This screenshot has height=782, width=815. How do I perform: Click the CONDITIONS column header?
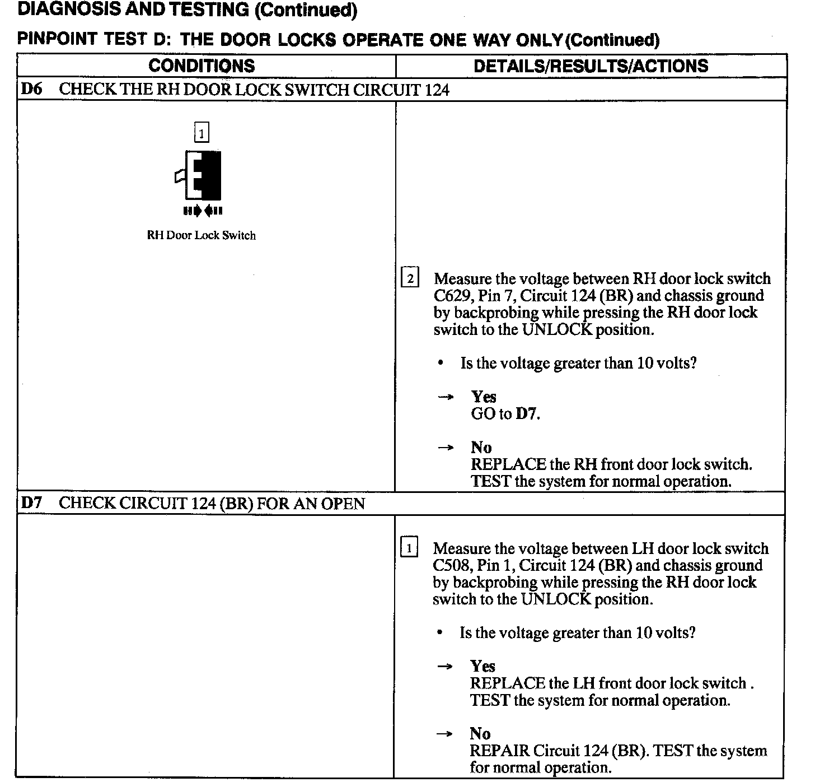click(202, 66)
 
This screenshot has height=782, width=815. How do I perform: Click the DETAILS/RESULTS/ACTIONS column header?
click(591, 66)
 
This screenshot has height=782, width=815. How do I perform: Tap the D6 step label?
click(31, 89)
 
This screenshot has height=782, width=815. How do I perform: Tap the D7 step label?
click(31, 503)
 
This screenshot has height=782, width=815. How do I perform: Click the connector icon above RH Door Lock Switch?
click(199, 176)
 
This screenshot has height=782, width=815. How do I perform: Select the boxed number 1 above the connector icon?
click(202, 133)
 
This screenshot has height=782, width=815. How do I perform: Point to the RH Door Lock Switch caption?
click(201, 235)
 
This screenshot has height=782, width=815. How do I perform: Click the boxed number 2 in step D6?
click(410, 278)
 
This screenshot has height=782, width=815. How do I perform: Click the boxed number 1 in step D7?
click(409, 548)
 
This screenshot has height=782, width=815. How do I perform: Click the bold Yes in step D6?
click(484, 397)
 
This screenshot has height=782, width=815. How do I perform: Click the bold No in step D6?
click(481, 447)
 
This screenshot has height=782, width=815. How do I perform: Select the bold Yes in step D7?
click(483, 666)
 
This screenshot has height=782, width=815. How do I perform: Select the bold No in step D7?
click(480, 733)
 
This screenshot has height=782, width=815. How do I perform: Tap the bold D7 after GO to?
click(527, 414)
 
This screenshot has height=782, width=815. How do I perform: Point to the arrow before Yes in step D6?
click(446, 397)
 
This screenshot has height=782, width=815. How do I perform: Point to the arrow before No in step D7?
click(444, 734)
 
